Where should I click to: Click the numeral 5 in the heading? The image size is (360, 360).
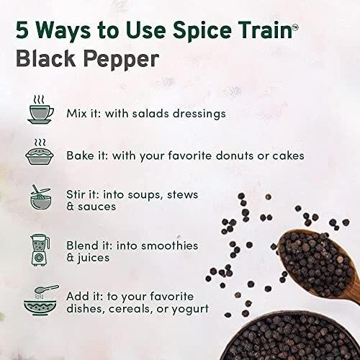22,30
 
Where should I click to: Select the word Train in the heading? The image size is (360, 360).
266,30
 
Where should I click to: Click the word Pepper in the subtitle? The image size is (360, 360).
121,60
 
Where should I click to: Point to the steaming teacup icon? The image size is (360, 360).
40,109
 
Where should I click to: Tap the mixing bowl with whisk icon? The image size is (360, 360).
40,197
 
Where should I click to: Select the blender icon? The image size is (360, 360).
40,251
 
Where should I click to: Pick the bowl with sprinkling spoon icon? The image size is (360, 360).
41,300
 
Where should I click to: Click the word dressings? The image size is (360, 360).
199,114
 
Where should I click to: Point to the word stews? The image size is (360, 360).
182,194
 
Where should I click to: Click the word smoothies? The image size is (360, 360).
169,246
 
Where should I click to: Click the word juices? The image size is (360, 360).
93,258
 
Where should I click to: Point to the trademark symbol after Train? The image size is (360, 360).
295,27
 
